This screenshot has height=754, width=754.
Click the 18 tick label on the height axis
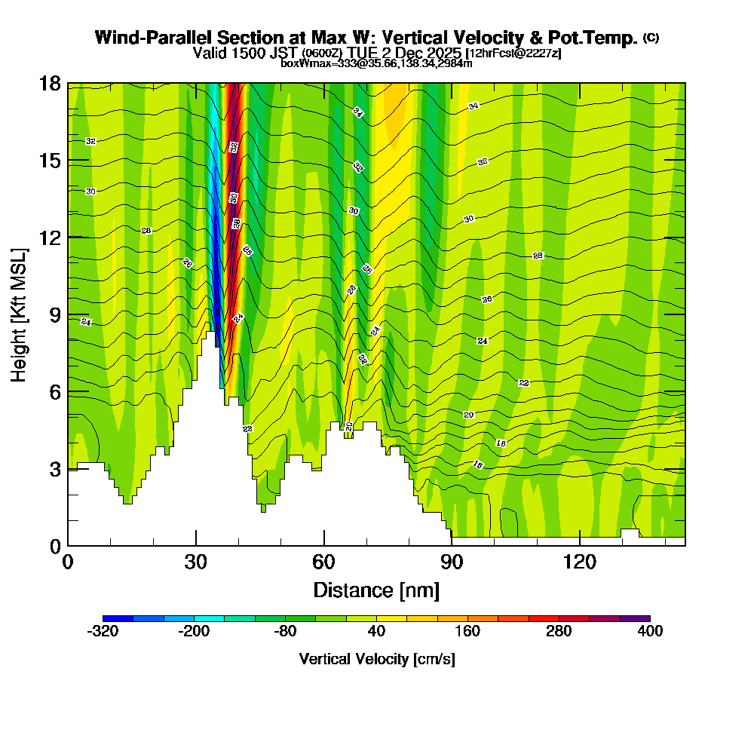(50, 83)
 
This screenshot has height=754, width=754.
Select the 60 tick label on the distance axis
(323, 562)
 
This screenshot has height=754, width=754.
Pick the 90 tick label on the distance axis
(451, 562)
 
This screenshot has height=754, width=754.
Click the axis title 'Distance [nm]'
(376, 589)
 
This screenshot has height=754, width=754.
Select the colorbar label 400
(650, 631)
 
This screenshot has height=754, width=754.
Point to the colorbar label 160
(467, 631)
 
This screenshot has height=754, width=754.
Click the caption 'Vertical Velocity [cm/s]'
(377, 659)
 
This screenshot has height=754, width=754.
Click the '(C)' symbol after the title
(651, 38)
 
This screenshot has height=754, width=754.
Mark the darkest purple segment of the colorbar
(635, 618)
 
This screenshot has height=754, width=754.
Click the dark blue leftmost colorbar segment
(118, 618)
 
